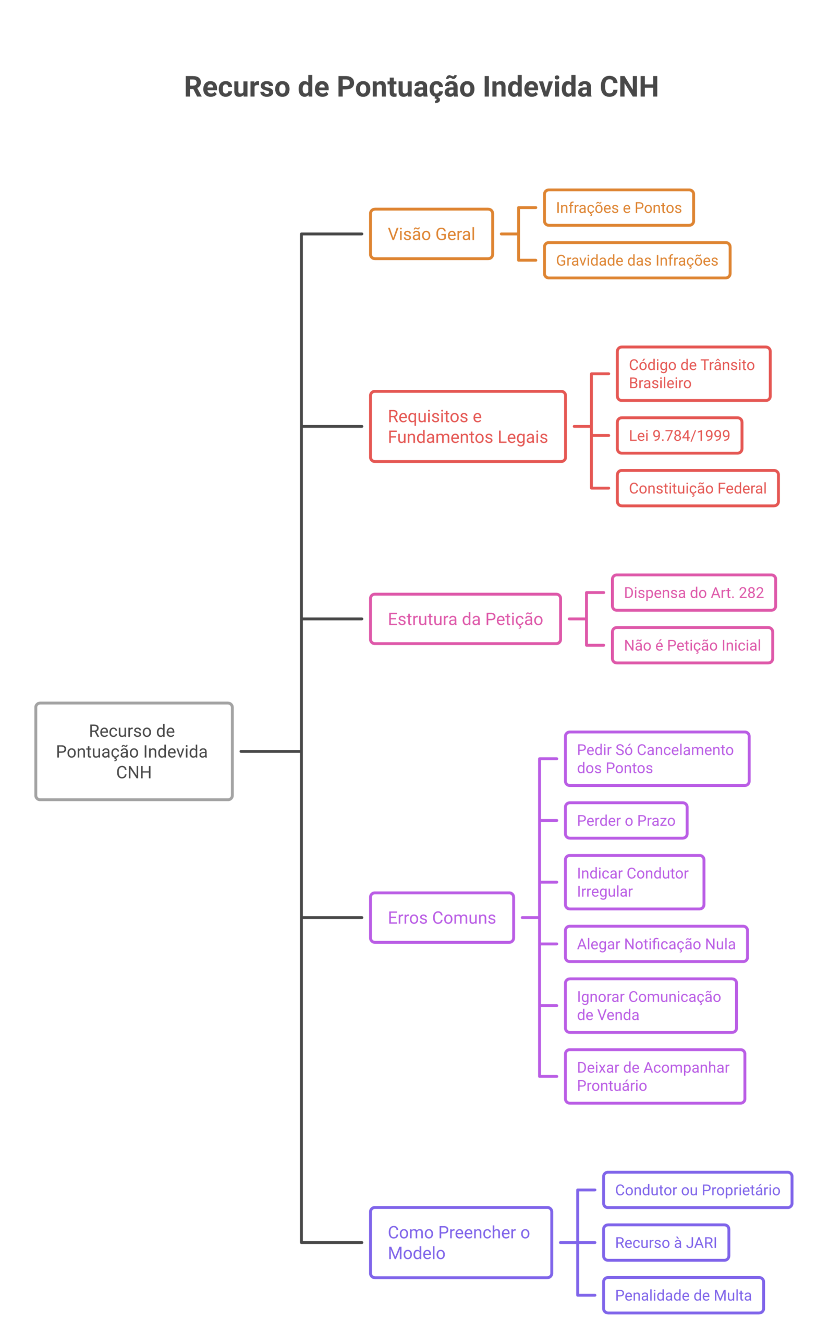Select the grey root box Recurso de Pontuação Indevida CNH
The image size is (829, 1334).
[x=134, y=751]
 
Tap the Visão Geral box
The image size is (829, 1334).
[x=432, y=234]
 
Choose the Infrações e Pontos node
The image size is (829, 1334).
[x=618, y=207]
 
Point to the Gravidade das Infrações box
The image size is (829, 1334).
[x=637, y=260]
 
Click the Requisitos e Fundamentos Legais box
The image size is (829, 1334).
[x=468, y=426]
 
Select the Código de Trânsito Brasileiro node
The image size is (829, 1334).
[x=693, y=374]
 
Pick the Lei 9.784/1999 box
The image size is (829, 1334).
[x=679, y=436]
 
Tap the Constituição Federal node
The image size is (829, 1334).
[x=698, y=488]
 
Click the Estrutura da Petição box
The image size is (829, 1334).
[x=466, y=619]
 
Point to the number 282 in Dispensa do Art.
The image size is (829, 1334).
[x=751, y=593]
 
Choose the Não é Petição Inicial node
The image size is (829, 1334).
[x=692, y=645]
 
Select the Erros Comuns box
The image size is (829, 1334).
[x=442, y=918]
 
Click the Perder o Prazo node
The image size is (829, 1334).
[x=626, y=821]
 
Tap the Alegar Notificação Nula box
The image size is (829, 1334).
[x=656, y=944]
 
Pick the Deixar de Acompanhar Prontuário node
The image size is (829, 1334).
[x=655, y=1077]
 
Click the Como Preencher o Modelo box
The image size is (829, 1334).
[x=461, y=1242]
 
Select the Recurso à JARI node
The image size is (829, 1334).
[x=666, y=1242]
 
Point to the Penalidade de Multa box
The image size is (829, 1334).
[x=683, y=1295]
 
